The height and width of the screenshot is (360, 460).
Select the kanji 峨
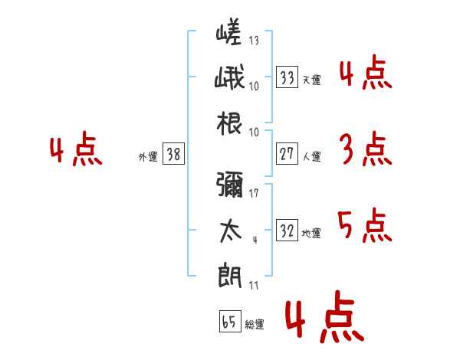(229, 77)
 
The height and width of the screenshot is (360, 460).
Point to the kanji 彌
(230, 184)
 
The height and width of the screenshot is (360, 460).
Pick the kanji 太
(231, 231)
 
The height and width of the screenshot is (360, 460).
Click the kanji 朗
(230, 277)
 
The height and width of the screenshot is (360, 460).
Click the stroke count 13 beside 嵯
(254, 40)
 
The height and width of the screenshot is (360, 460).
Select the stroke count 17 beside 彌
(254, 193)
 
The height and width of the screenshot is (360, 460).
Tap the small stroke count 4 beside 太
(255, 240)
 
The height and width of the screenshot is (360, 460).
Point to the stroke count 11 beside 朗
(254, 285)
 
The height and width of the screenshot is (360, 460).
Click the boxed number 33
(287, 77)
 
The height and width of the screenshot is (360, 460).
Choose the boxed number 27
(287, 153)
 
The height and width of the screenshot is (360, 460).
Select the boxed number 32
(287, 230)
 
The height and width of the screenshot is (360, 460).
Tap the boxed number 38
(173, 153)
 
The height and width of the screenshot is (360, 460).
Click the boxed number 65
(230, 321)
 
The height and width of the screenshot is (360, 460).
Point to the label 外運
(148, 157)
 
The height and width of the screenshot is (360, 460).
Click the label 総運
(255, 325)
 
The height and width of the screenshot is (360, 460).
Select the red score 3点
(366, 149)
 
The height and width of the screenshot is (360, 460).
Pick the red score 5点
(365, 225)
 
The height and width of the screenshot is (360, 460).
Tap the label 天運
(312, 80)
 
